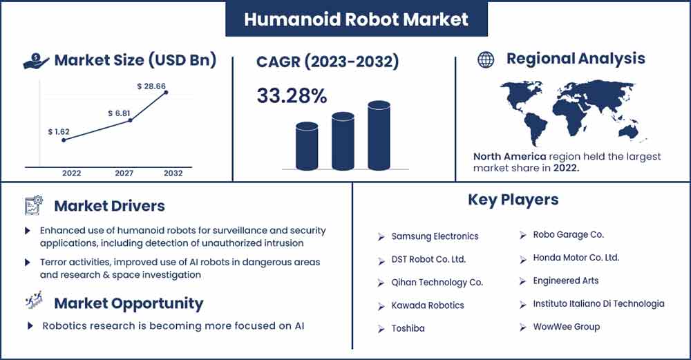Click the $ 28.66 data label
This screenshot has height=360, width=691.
pyautogui.click(x=151, y=86)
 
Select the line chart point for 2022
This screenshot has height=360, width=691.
pyautogui.click(x=64, y=140)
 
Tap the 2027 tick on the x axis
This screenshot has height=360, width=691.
pyautogui.click(x=124, y=173)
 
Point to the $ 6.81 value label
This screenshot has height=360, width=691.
pyautogui.click(x=119, y=113)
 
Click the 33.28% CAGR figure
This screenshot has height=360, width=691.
pyautogui.click(x=292, y=95)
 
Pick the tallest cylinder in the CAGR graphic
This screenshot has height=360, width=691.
pyautogui.click(x=379, y=135)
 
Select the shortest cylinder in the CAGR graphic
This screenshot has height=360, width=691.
pyautogui.click(x=307, y=146)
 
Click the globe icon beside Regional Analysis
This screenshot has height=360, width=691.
pyautogui.click(x=486, y=59)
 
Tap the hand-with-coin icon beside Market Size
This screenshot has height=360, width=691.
pyautogui.click(x=36, y=61)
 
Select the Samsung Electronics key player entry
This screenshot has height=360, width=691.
pyautogui.click(x=435, y=236)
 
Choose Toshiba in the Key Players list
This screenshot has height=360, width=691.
pyautogui.click(x=408, y=328)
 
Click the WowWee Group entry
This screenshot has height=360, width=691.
pyautogui.click(x=567, y=327)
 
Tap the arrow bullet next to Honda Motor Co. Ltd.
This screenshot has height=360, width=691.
pyautogui.click(x=522, y=260)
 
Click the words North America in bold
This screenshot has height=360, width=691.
pyautogui.click(x=509, y=156)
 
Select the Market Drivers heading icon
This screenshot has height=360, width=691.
pyautogui.click(x=33, y=205)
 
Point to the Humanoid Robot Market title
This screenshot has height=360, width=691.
pyautogui.click(x=356, y=19)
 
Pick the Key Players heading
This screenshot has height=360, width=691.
pyautogui.click(x=513, y=200)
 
